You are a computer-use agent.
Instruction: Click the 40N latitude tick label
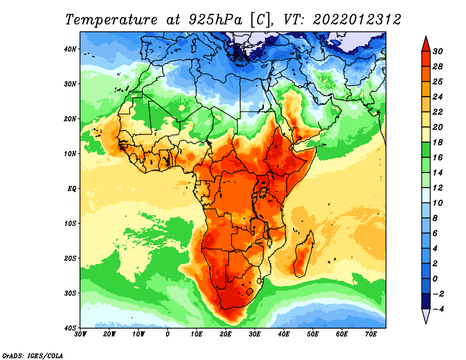coord(69,49)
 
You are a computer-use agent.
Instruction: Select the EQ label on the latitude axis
coord(72,189)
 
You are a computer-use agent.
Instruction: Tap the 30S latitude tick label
coord(70,294)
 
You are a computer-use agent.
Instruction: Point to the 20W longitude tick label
coord(110,334)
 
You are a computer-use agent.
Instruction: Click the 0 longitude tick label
coord(168,334)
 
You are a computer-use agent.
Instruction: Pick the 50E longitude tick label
coord(313,334)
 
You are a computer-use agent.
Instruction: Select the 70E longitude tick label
coord(371,334)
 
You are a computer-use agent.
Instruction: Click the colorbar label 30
coord(438,51)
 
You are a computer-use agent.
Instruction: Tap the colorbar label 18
coord(438,142)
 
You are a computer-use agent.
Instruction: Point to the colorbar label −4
coord(437,309)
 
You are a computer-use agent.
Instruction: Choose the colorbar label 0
coord(435,279)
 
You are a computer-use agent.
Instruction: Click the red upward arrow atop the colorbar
coord(426,44)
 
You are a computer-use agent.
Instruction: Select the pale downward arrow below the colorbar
coord(426,316)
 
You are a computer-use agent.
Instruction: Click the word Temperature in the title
coord(111,20)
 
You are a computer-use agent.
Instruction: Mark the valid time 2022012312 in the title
coord(357,20)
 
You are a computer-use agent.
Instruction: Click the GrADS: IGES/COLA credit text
coord(33,356)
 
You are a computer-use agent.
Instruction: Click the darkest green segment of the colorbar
coord(426,150)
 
